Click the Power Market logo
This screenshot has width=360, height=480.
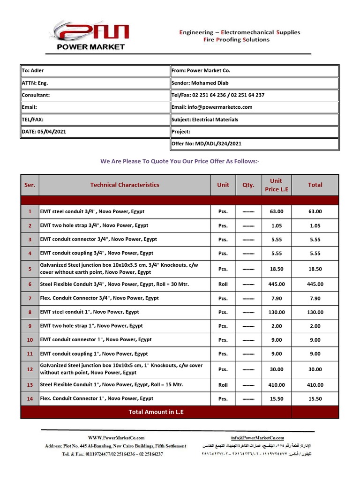pos(90,35)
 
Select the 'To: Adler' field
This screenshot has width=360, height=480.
pos(33,71)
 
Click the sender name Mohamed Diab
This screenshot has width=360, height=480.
pos(210,83)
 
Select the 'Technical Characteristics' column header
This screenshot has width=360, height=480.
pos(125,185)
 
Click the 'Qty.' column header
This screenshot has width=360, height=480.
pos(248,185)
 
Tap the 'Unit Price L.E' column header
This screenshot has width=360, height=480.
pos(277,185)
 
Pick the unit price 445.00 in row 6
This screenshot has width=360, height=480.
pos(277,284)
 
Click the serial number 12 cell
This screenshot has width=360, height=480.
pos(30,369)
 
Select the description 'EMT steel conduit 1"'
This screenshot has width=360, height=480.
pos(90,312)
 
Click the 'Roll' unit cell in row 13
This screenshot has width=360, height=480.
pos(223,385)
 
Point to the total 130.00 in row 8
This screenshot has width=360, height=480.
pos(315,312)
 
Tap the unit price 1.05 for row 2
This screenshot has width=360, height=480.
pos(277,225)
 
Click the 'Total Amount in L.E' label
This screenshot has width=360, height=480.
pos(156,412)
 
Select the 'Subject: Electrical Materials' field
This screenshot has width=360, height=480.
pos(205,120)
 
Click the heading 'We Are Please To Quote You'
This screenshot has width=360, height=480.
pos(180,161)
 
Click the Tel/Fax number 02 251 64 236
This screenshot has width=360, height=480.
pos(209,95)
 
